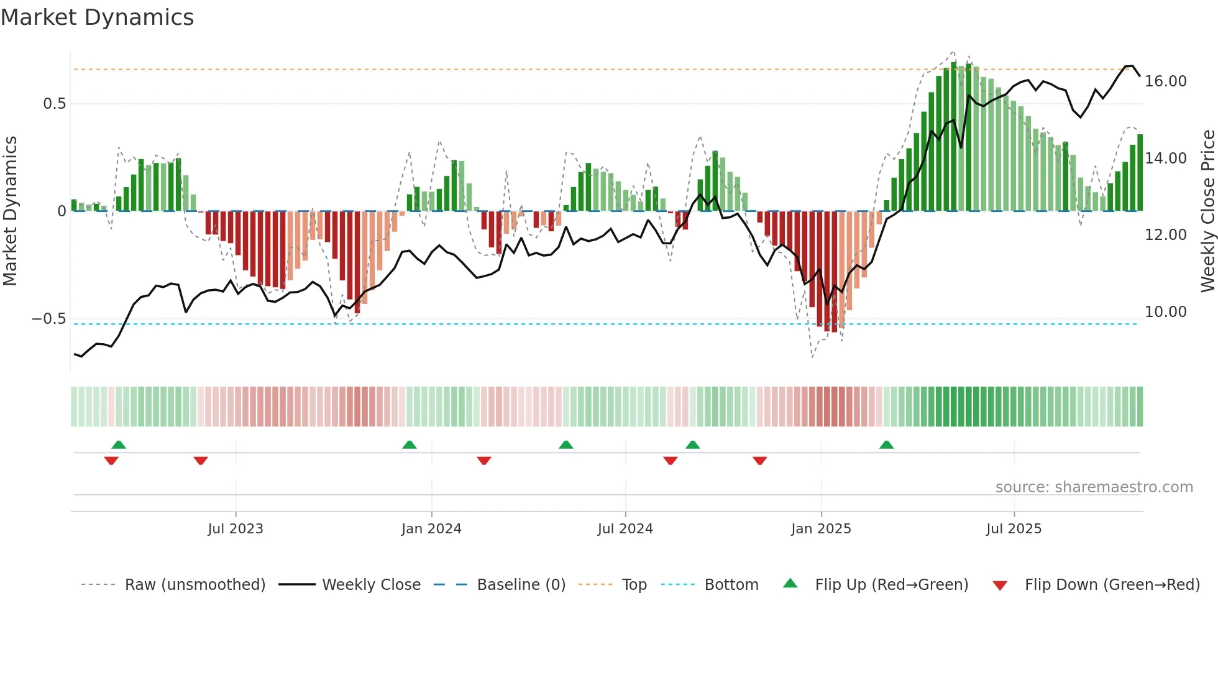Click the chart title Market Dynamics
coord(97,17)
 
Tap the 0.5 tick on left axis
coord(55,104)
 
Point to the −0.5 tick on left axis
coord(49,319)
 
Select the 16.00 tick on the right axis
coord(1165,81)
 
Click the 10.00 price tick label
coord(1165,312)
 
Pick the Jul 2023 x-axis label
coord(236,529)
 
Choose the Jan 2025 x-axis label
coord(821,529)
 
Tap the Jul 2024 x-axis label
coord(625,529)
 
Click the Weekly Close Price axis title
coord(1207,211)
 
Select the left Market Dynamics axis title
coord(10,211)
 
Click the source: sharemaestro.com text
coord(1094,487)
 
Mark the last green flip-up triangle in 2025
coord(887,445)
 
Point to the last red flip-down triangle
coord(760,461)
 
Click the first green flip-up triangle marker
coord(119,445)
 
